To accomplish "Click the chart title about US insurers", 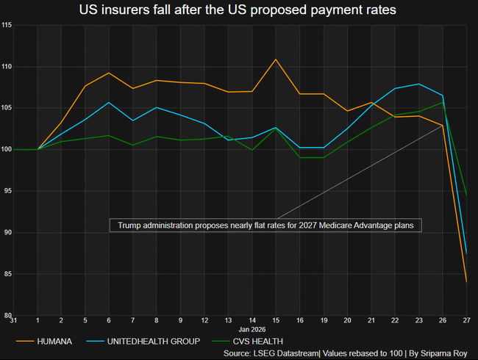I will click(x=239, y=10).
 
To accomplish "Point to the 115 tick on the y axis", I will click(x=7, y=26).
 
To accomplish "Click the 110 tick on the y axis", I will click(x=7, y=67).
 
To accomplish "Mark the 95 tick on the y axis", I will click(x=7, y=191).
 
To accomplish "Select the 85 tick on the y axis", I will click(x=7, y=274).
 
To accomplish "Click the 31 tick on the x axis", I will click(x=14, y=320).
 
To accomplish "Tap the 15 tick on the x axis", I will click(x=276, y=320).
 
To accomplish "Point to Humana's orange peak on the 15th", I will click(x=276, y=60).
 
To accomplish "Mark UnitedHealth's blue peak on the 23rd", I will click(x=419, y=84).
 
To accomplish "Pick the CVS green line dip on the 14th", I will click(x=252, y=150).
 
